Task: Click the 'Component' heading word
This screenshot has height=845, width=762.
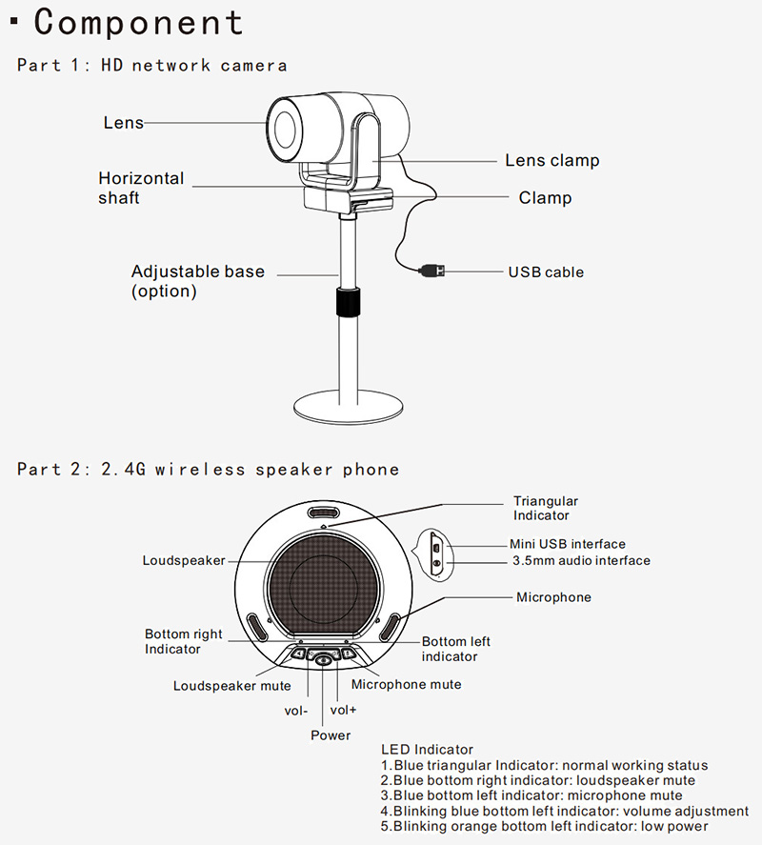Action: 139,22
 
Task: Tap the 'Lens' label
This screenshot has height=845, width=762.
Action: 123,122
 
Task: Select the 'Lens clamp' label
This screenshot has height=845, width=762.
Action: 552,160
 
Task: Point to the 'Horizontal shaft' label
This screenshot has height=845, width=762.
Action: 141,188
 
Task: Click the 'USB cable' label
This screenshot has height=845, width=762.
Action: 546,272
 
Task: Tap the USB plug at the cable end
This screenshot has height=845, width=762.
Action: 431,271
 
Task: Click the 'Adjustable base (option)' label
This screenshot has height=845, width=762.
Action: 198,281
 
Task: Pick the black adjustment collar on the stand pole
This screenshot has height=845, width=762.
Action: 348,302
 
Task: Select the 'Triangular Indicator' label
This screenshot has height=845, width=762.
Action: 546,508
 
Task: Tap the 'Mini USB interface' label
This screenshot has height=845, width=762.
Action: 567,544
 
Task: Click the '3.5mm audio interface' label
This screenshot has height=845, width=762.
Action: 581,560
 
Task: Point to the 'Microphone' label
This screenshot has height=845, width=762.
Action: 553,597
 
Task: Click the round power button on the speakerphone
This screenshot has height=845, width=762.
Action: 325,659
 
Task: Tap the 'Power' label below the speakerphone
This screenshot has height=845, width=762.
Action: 331,735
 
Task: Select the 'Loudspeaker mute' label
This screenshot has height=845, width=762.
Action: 232,686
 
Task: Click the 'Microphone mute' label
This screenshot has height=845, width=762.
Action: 406,684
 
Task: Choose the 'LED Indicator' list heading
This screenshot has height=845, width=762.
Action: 427,750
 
